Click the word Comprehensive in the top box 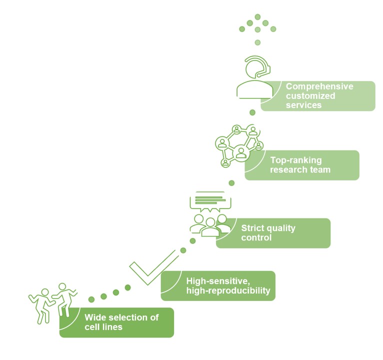point(319,86)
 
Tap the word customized point(310,95)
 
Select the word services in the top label point(303,105)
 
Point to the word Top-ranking point(295,160)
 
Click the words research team point(300,170)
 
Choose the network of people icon point(238,145)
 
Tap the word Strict point(252,228)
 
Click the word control point(256,238)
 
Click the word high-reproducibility point(227,290)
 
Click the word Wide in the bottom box point(94,317)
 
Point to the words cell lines point(103,327)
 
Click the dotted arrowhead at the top point(257,25)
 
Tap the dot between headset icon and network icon point(252,112)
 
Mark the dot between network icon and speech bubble point(231,183)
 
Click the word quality point(281,228)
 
